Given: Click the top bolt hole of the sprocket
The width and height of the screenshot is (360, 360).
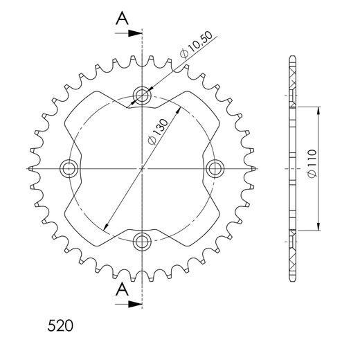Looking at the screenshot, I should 143,95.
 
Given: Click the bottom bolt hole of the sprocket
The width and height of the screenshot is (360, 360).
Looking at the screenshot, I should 143,242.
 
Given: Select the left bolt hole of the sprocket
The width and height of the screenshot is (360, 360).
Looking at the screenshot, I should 69,168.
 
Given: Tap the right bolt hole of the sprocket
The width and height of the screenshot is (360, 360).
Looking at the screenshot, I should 216,168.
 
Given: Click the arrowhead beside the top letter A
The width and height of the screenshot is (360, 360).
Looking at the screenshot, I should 137,32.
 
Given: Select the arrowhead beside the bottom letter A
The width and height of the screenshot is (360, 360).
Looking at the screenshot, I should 137,303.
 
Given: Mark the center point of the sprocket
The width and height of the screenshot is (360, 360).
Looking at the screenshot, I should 143,168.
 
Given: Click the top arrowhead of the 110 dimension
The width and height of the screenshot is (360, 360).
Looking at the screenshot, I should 318,111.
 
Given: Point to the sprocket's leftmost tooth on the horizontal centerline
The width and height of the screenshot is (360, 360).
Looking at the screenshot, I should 32,168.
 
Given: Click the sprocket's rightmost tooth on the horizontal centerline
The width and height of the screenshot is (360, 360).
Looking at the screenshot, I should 253,168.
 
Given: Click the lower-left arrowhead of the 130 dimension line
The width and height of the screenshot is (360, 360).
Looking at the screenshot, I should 106,228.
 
